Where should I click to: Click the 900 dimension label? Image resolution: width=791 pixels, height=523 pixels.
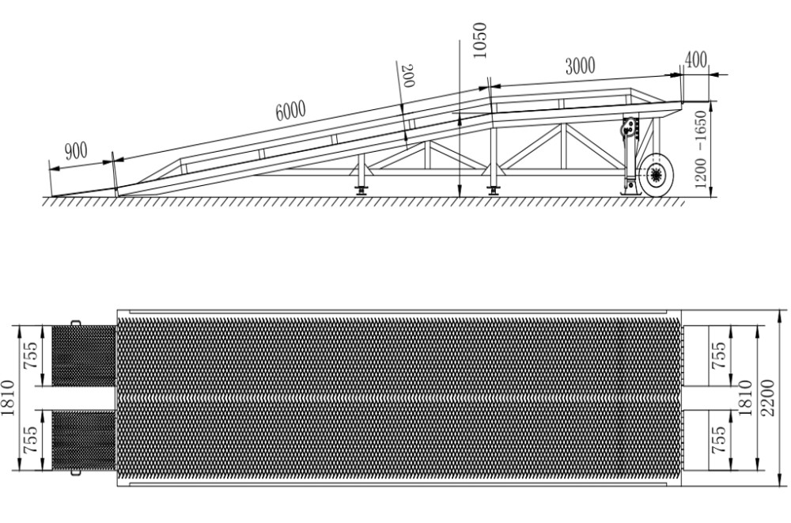click(x=76, y=151)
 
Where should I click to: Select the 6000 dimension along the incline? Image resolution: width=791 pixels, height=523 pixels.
click(x=290, y=112)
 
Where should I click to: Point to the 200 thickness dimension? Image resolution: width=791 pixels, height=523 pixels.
click(x=407, y=77)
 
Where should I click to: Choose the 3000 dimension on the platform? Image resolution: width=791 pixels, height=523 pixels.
click(x=580, y=66)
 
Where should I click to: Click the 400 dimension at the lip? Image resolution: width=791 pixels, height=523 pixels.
click(x=696, y=60)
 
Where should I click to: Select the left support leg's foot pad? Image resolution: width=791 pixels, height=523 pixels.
click(x=361, y=190)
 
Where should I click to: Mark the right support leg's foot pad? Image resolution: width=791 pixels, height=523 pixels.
click(x=494, y=190)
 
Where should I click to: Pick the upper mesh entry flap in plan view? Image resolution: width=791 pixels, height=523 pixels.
click(x=83, y=354)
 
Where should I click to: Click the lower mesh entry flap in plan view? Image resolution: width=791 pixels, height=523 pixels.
click(x=83, y=440)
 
